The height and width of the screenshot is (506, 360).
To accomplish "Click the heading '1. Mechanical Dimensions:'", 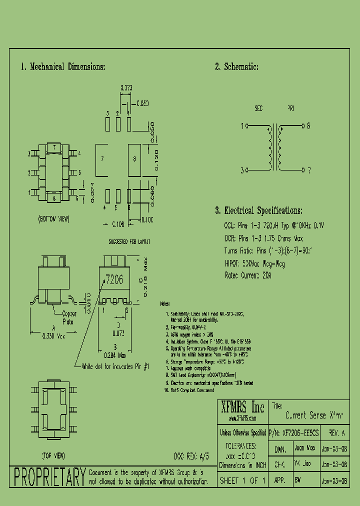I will click(x=63, y=67).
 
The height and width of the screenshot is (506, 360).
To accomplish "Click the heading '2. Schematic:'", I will click(x=236, y=67).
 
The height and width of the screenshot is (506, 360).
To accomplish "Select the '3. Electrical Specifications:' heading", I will click(x=258, y=210).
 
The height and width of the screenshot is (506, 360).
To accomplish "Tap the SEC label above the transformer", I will click(x=258, y=108).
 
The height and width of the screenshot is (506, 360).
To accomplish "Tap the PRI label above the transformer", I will click(x=290, y=108).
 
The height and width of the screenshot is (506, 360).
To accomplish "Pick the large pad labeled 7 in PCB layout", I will click(x=102, y=159).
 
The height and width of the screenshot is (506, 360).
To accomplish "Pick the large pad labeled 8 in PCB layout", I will click(x=134, y=159).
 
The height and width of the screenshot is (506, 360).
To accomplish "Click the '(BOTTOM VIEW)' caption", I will click(x=53, y=219).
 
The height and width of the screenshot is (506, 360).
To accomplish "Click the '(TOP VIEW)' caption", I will click(x=52, y=455).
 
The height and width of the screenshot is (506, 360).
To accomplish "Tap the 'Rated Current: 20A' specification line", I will click(x=248, y=275).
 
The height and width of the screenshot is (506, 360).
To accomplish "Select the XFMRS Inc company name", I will click(x=242, y=406).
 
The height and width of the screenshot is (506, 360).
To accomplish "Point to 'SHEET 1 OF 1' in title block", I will click(x=242, y=480).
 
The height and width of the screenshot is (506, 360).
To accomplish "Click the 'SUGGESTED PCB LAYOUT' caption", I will click(x=129, y=241).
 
